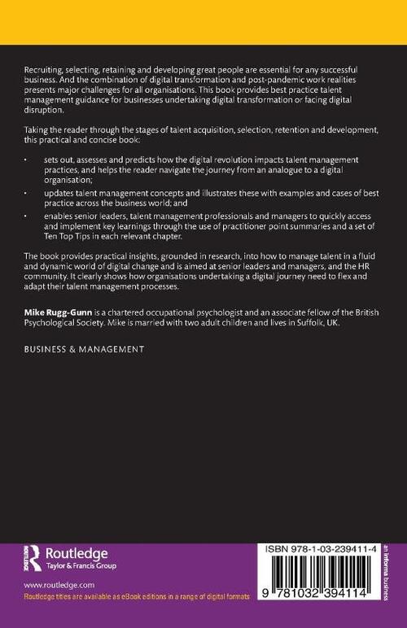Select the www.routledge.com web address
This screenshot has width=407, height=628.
(59, 586)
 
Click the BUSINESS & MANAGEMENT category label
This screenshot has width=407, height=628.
(84, 348)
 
